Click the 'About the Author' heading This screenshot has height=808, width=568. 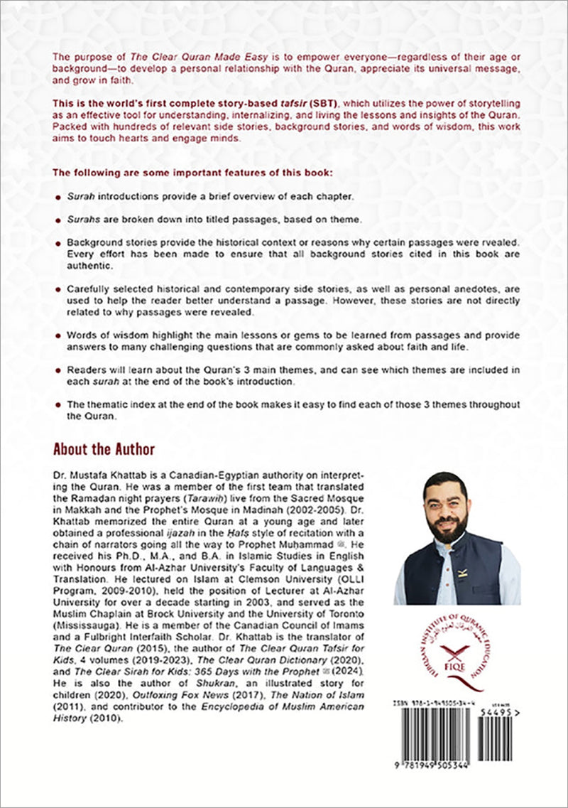pos(104,449)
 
